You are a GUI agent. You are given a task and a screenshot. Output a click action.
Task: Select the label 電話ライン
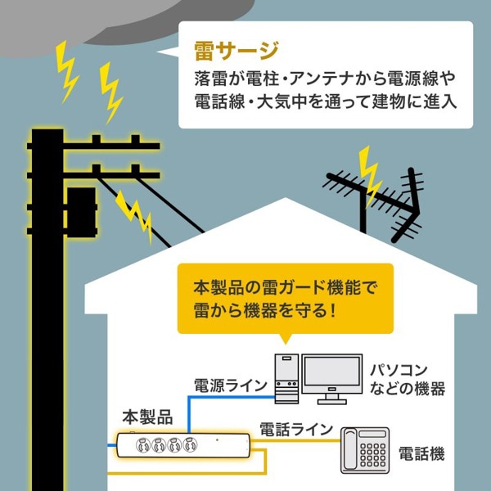pyautogui.click(x=295, y=429)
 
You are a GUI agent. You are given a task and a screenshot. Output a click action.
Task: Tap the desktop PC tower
pyautogui.click(x=286, y=379)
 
